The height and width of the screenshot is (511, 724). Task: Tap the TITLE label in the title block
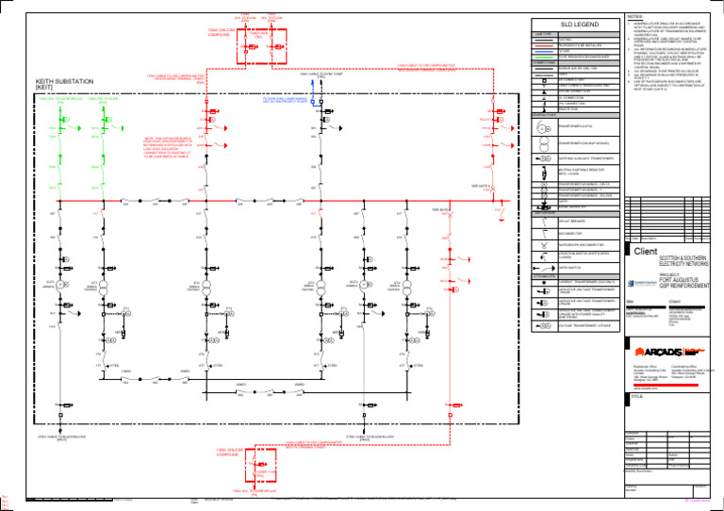click(638, 399)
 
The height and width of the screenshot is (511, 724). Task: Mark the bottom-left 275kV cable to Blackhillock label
click(64, 438)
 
